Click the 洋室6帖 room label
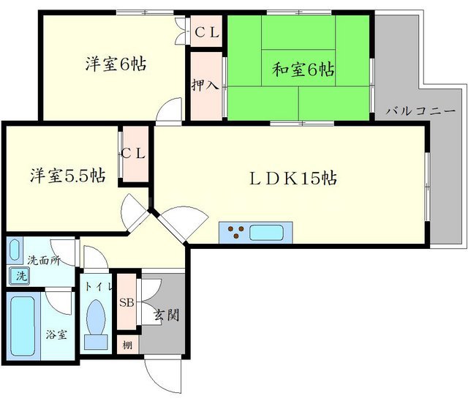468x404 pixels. (116, 64)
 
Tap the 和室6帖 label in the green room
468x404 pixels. (303, 70)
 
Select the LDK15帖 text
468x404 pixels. (295, 178)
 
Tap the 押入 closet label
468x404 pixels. (205, 85)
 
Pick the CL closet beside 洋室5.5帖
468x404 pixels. (135, 154)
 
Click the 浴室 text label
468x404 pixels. (57, 334)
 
